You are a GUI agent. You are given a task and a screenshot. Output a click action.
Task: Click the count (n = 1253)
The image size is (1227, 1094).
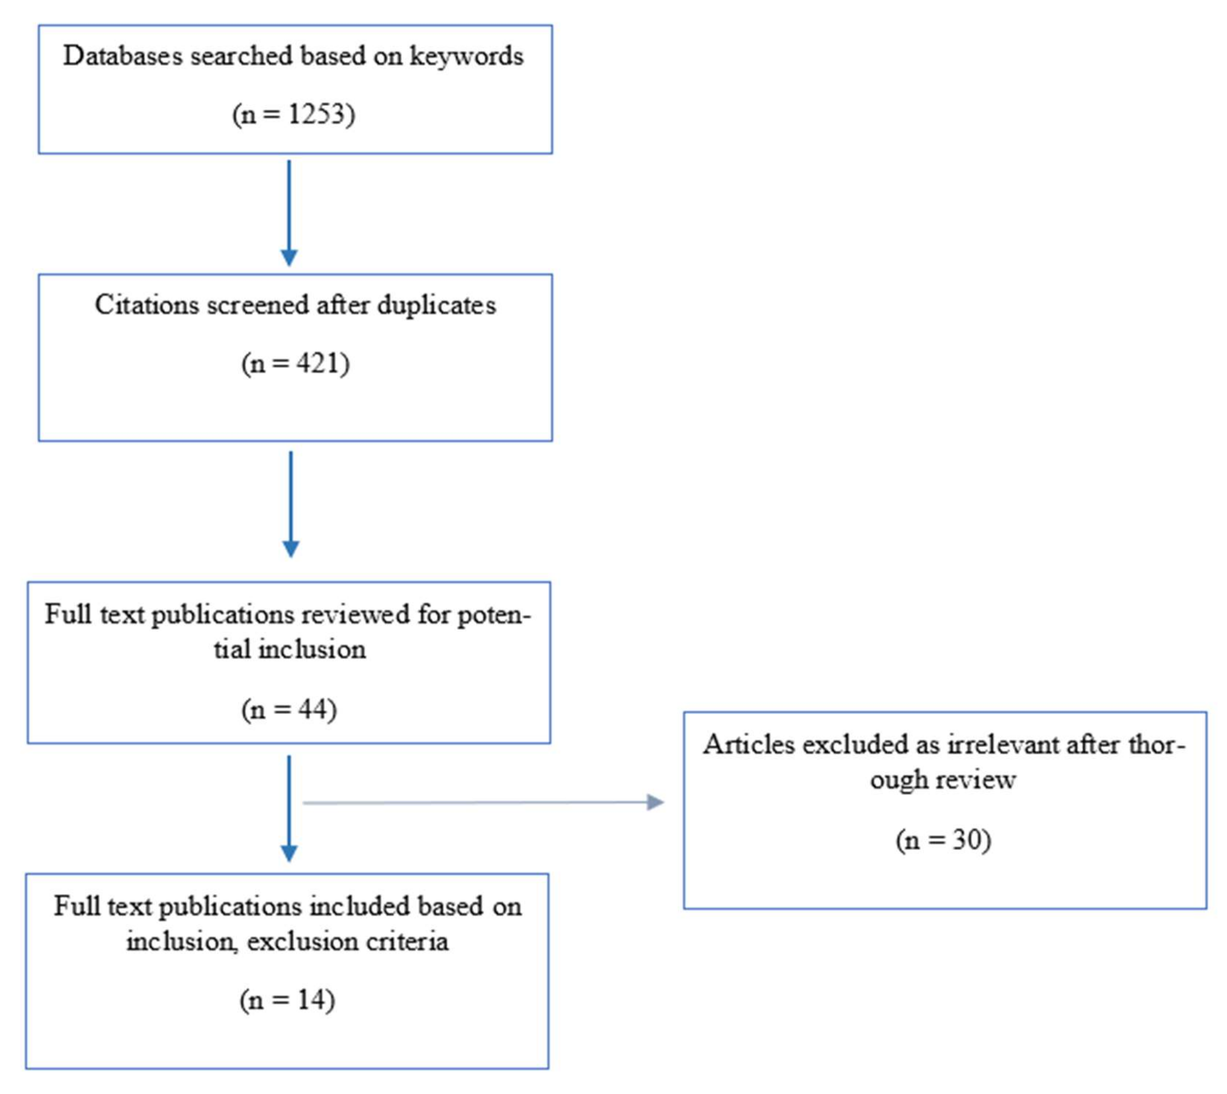click(294, 114)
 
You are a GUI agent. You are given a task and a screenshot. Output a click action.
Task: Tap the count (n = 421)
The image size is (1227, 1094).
click(295, 364)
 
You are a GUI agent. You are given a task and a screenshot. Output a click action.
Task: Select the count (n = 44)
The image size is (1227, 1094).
click(289, 709)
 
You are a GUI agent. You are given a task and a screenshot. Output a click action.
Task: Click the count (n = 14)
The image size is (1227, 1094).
click(287, 1000)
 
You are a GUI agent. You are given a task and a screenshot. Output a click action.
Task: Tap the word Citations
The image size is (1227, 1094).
click(147, 305)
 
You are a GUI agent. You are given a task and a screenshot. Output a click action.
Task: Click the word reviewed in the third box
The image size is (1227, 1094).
click(351, 615)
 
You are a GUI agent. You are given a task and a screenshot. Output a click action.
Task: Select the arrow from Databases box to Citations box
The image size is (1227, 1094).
click(289, 210)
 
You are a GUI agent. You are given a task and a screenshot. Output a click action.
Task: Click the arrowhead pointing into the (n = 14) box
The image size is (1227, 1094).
click(289, 854)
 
